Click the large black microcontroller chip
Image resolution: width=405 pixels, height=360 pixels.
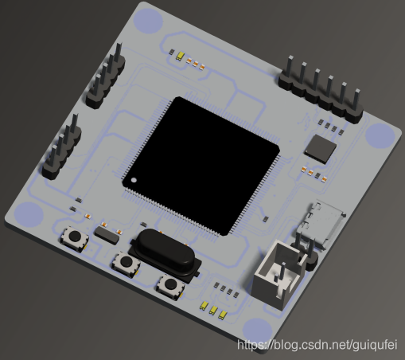tap(201, 165)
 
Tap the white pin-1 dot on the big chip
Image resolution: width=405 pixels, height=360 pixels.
tap(134, 181)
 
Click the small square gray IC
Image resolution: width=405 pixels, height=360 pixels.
tap(320, 149)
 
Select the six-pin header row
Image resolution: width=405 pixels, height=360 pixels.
tap(321, 90)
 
